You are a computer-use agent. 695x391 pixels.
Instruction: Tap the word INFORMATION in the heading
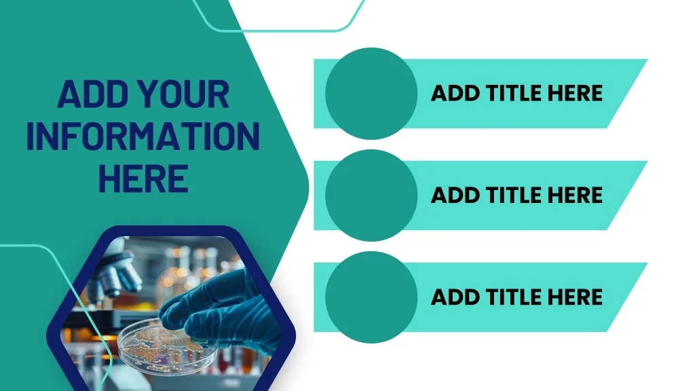(x=143, y=136)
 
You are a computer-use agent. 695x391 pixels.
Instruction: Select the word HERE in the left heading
(x=143, y=179)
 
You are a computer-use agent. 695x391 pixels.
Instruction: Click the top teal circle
(x=371, y=94)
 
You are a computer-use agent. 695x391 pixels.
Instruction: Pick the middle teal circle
(x=371, y=195)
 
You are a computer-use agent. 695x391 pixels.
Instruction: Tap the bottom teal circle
(x=371, y=297)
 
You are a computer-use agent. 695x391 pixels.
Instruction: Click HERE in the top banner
(x=575, y=93)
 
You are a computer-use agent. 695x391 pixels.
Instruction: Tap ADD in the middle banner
(x=455, y=195)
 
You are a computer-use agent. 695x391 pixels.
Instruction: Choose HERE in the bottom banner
(x=575, y=297)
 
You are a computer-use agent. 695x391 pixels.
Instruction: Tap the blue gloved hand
(x=222, y=310)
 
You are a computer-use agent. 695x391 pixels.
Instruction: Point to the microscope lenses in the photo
(x=116, y=275)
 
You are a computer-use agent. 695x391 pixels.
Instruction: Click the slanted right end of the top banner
(x=626, y=94)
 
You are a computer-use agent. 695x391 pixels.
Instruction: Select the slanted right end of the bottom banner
(x=626, y=297)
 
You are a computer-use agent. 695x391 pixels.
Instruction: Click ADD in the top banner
(x=455, y=93)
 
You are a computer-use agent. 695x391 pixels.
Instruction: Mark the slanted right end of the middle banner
(x=626, y=195)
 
